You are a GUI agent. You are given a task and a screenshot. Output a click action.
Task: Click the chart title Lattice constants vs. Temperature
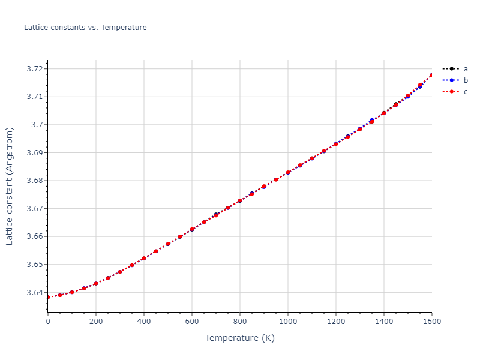coord(85,28)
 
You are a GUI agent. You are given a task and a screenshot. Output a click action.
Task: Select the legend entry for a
coord(466,68)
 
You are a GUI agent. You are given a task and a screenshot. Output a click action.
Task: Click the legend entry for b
coord(466,80)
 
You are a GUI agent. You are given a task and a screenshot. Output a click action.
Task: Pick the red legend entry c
coord(466,91)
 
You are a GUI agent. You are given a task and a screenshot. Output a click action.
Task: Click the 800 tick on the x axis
coord(240,322)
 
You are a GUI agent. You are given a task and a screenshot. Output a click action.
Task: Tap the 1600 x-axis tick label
coord(431,322)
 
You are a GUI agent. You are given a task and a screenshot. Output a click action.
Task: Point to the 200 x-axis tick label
coord(96,322)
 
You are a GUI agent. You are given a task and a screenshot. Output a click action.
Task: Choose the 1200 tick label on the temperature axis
coord(336,322)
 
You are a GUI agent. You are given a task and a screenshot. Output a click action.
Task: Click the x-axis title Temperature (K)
coord(240,338)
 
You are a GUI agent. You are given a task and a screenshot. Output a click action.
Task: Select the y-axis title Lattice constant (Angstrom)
coord(10,186)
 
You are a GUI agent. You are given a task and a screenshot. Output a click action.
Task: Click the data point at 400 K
coord(144,259)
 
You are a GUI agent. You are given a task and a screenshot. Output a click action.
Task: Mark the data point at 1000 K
coord(288,172)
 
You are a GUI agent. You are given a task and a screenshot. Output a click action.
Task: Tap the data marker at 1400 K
coord(384,113)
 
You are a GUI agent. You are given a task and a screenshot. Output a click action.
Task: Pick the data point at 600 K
coord(192,230)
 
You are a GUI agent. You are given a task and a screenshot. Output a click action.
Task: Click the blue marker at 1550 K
coord(420,86)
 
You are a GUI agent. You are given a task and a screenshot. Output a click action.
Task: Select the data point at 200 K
coord(96,283)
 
